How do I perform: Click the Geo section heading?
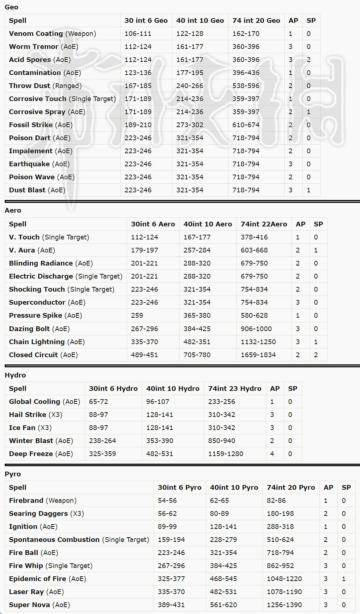click(12, 7)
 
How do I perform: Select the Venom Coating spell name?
click(36, 34)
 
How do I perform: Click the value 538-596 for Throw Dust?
click(246, 86)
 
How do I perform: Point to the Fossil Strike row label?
click(31, 125)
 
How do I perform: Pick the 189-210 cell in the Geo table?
click(138, 125)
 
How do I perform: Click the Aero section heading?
click(13, 210)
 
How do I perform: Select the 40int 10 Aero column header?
click(208, 224)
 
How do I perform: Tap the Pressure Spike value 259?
click(137, 316)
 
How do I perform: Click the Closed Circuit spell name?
click(33, 355)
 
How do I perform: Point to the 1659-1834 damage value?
click(258, 355)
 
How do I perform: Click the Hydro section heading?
click(15, 375)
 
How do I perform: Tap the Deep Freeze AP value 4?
click(272, 454)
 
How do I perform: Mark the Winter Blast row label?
click(31, 441)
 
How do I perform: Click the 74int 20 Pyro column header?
click(291, 488)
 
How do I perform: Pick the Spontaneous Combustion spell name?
click(54, 540)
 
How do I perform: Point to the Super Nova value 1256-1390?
click(284, 605)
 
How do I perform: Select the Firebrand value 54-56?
click(167, 501)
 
